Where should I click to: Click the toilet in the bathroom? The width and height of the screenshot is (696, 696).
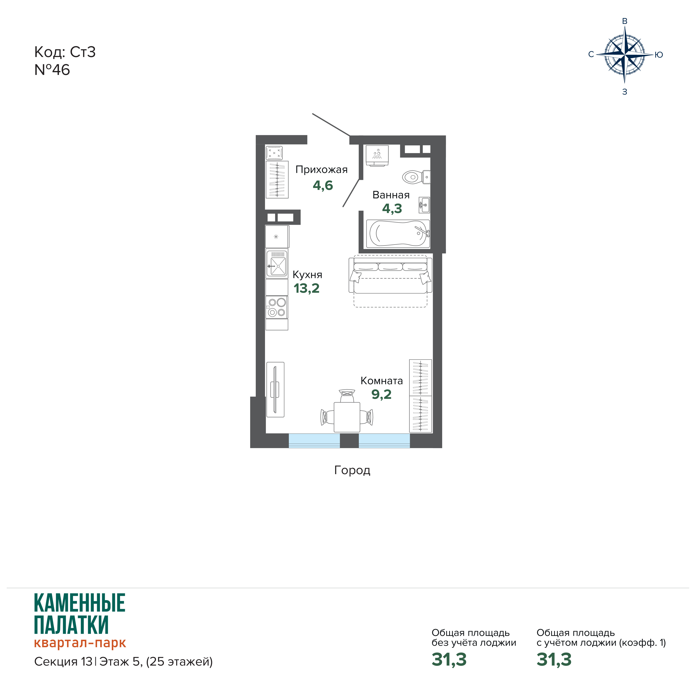click(416, 177)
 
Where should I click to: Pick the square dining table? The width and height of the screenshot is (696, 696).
click(347, 417)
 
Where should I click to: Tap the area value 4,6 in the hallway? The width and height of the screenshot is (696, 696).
click(323, 185)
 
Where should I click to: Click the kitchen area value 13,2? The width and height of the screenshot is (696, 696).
click(307, 288)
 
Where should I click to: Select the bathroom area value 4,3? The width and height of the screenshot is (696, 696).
click(392, 209)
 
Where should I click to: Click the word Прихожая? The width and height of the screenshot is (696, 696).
click(321, 170)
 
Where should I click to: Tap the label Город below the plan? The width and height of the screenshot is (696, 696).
click(352, 470)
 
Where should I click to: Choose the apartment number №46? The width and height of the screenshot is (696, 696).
click(52, 70)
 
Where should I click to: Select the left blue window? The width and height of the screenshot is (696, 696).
click(314, 441)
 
